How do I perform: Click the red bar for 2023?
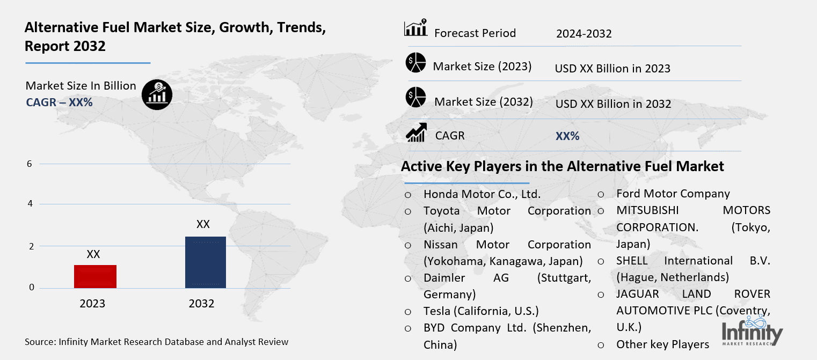point(95,276)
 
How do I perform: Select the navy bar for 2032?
point(205,262)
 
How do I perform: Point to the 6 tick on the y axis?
point(30,164)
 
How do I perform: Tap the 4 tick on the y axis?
point(30,204)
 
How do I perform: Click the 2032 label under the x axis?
point(201,304)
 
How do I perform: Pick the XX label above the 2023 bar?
point(93,254)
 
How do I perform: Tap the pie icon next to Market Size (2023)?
point(415,63)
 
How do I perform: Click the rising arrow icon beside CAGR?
point(416,133)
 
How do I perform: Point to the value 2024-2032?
point(583,34)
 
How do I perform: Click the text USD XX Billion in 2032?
point(613,104)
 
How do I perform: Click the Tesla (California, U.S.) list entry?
point(480,311)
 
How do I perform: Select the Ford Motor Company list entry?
point(673,194)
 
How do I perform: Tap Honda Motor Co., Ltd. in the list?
point(482,194)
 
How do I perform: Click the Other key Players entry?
point(662,344)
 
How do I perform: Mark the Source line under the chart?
point(156,342)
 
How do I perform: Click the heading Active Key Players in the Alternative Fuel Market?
point(562,166)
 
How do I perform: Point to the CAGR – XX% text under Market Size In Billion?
point(59,102)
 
